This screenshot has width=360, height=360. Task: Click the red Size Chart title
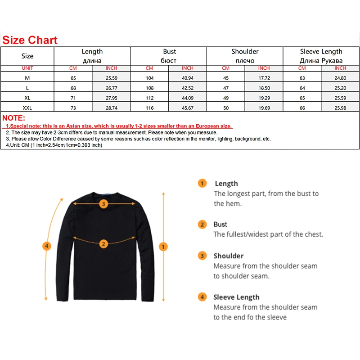tap(30, 40)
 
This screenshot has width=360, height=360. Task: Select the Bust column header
tap(170, 56)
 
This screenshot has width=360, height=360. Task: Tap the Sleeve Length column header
tap(321, 56)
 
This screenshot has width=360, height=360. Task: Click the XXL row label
tap(27, 108)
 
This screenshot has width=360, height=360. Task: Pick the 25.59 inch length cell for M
tap(111, 78)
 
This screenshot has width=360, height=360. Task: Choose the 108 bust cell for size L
tap(149, 88)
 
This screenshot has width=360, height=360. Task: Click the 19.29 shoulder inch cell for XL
tap(264, 98)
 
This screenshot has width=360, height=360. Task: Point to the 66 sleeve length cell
tap(302, 108)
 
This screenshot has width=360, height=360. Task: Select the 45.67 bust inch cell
tap(188, 108)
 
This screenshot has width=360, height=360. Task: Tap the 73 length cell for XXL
tap(73, 108)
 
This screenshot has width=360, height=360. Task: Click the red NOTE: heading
tap(13, 118)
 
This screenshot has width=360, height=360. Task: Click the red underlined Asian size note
tap(119, 126)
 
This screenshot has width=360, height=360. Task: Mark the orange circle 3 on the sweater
tap(103, 204)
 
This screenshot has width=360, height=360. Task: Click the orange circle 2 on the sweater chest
tap(103, 244)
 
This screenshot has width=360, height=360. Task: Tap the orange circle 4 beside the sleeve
tap(46, 246)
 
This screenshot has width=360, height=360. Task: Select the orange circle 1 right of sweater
tap(163, 247)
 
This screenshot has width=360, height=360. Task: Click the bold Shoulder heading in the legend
tap(228, 256)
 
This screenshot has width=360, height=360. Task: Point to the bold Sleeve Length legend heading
tap(236, 297)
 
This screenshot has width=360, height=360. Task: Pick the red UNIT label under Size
tap(27, 68)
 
